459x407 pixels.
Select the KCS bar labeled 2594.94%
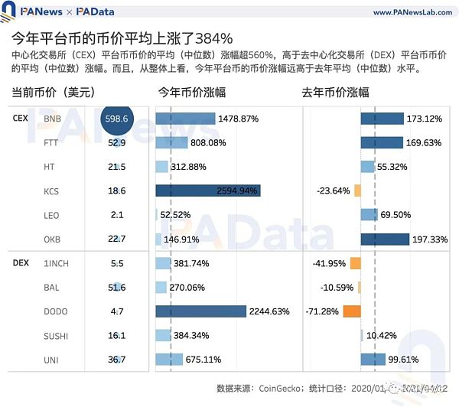click(208, 191)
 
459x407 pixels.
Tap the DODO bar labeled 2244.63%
click(200, 311)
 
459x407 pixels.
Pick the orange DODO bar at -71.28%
click(351, 311)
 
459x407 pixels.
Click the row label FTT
click(51, 143)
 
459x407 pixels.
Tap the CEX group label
click(21, 119)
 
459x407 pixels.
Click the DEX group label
click(21, 262)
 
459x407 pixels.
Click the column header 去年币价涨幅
click(335, 92)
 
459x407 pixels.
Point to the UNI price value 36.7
click(117, 360)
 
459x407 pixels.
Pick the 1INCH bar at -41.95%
click(354, 263)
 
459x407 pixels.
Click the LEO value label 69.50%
click(396, 216)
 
